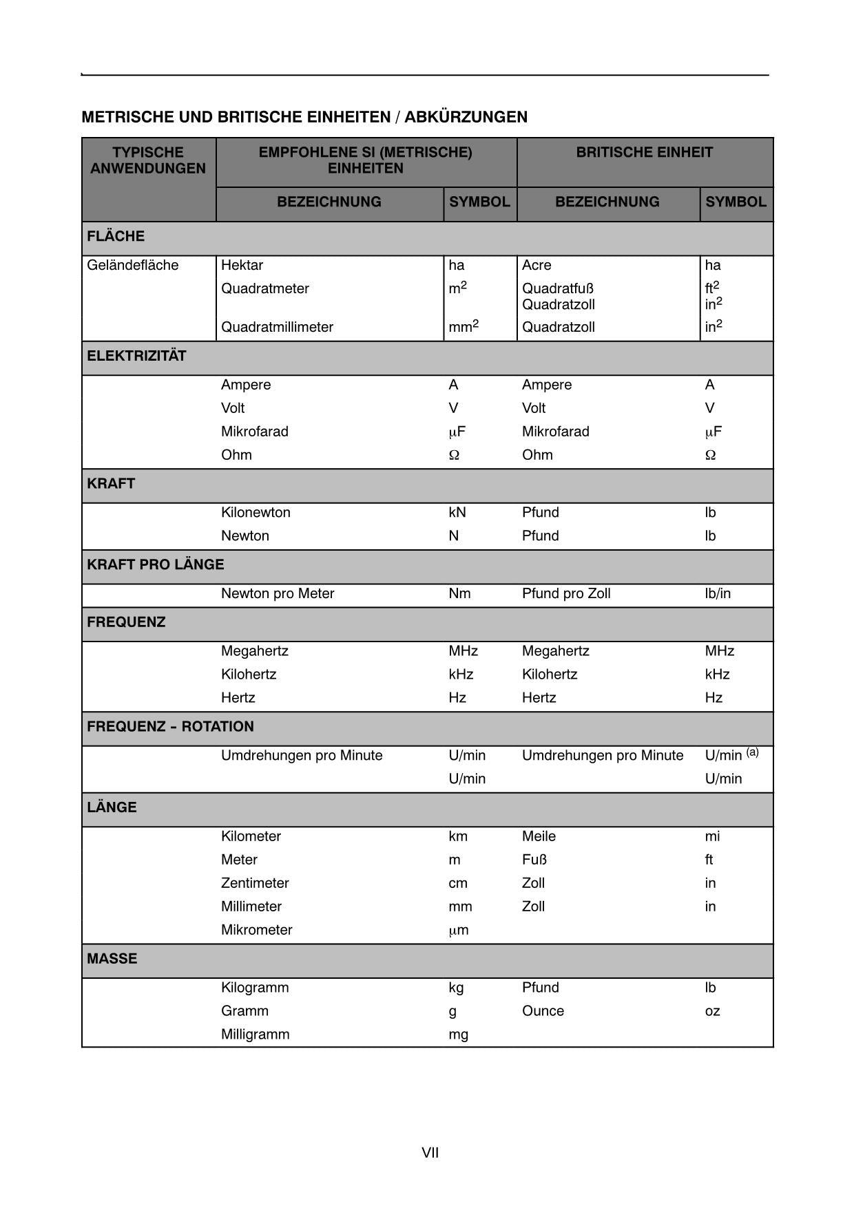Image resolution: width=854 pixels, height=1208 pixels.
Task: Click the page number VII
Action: tap(430, 1152)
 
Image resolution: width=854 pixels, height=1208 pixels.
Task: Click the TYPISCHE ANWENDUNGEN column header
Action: tap(148, 160)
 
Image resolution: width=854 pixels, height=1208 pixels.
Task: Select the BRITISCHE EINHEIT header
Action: tap(644, 152)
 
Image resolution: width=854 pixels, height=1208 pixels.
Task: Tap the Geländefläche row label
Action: tap(132, 265)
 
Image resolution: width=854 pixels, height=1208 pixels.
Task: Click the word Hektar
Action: tap(242, 265)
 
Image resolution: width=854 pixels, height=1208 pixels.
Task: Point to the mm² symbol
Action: tap(463, 326)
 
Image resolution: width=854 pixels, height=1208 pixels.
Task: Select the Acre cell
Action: tap(537, 265)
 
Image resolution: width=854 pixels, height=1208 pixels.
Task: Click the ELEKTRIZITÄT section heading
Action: tap(136, 356)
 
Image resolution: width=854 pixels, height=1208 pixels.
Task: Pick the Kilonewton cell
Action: tap(256, 512)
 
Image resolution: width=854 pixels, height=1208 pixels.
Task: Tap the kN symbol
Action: tap(457, 512)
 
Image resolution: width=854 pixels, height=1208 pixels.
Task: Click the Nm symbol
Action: tap(459, 593)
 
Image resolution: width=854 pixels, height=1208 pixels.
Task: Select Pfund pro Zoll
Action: tap(566, 593)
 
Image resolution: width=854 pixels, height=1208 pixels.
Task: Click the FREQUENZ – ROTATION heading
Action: tap(170, 726)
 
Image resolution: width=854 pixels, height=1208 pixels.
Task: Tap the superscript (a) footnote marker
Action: tap(752, 752)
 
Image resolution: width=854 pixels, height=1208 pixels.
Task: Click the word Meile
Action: tap(539, 836)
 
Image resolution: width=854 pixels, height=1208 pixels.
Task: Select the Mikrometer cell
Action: tap(256, 930)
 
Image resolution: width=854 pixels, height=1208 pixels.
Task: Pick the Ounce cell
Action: tap(543, 1010)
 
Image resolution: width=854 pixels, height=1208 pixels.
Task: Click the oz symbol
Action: tap(712, 1011)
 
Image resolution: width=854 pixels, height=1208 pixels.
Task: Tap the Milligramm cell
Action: tap(255, 1034)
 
